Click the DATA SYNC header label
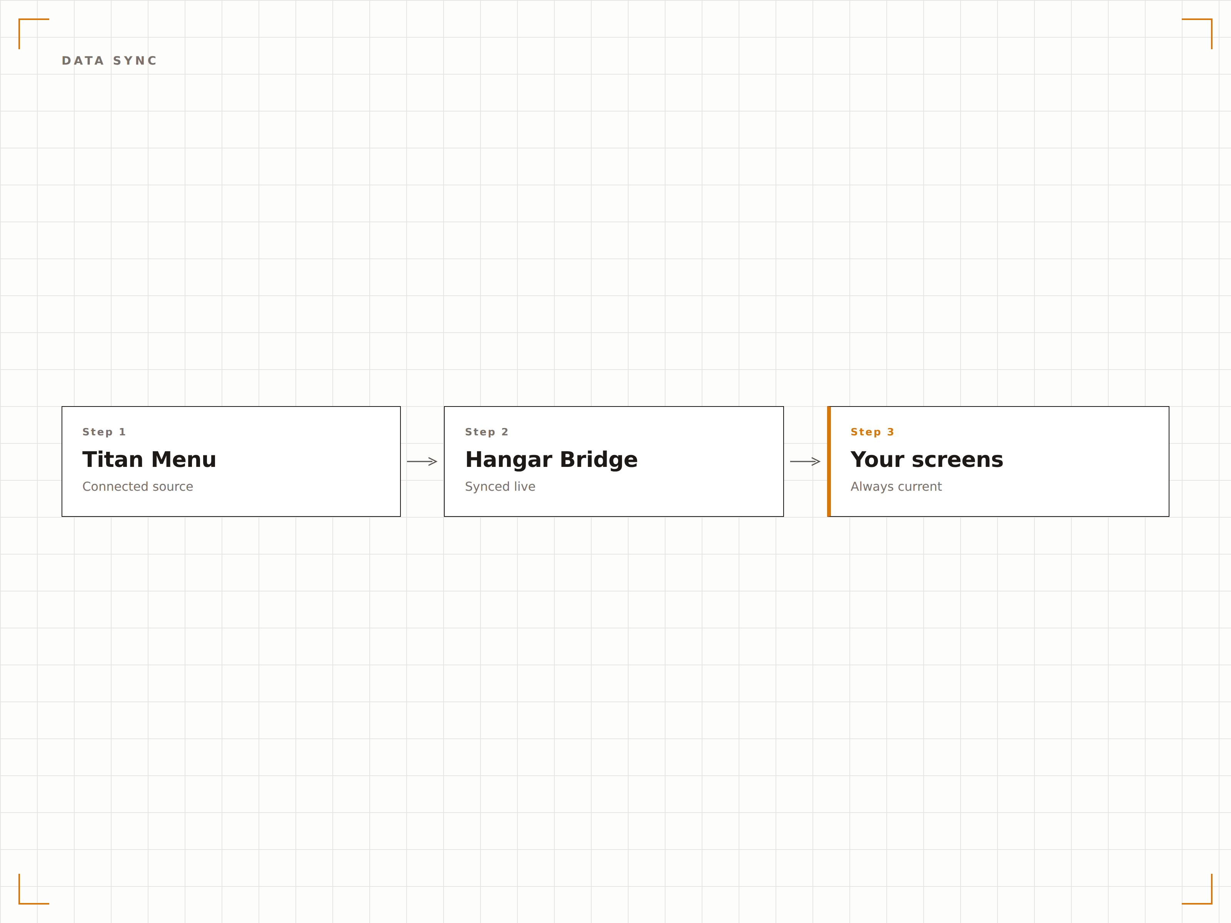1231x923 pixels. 109,61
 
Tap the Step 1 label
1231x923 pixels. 104,432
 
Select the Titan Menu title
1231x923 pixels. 149,460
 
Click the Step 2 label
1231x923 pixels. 486,432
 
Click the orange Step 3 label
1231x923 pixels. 872,432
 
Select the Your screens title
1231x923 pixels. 927,460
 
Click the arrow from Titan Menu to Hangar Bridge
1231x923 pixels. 422,461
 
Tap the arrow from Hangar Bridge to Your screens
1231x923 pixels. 805,461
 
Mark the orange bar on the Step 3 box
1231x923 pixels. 829,461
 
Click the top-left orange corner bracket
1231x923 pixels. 20,20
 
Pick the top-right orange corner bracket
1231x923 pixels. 1211,20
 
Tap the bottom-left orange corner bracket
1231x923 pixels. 20,903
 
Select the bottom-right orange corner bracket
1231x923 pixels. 1211,903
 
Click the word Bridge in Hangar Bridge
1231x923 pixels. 599,460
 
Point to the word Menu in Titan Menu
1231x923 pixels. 183,460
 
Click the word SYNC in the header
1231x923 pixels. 135,61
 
